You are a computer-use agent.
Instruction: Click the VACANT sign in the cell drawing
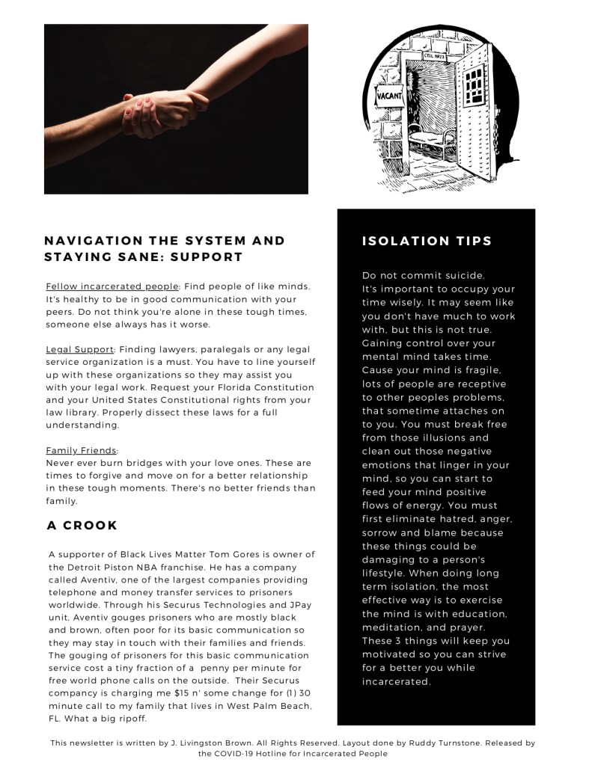[389, 96]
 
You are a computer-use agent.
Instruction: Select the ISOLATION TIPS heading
[427, 241]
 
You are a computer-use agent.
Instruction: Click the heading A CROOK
[82, 526]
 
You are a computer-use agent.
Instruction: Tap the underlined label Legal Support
[79, 350]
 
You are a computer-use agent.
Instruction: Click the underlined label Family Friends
[82, 450]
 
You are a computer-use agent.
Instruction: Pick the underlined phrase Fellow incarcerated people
[112, 286]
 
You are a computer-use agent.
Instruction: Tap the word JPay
[300, 605]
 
